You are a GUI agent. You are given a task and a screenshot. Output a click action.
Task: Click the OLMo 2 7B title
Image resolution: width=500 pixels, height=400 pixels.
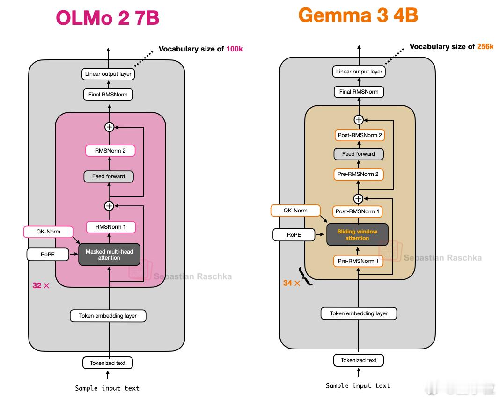tap(108, 18)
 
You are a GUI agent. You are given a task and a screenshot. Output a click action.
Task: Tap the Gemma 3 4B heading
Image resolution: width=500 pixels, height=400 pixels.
tap(358, 15)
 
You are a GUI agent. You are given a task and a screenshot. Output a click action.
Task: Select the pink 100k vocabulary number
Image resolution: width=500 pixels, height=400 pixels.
tap(235, 49)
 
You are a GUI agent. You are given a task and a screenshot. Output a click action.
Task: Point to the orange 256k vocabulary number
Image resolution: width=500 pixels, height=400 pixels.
tap(485, 46)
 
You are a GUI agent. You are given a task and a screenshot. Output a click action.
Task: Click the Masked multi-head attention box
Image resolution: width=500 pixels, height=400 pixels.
tap(110, 255)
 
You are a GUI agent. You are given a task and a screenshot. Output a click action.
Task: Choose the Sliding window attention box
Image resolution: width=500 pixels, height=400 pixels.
tap(358, 234)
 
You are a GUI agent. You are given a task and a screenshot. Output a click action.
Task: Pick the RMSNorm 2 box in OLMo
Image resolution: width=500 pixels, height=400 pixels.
tap(110, 151)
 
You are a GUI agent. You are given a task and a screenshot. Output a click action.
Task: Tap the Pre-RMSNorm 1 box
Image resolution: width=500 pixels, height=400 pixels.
tap(358, 261)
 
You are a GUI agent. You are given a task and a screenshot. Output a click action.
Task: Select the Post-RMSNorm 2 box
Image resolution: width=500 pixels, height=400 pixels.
tap(360, 135)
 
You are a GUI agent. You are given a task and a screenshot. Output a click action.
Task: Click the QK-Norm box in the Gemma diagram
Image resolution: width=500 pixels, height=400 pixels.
tap(295, 211)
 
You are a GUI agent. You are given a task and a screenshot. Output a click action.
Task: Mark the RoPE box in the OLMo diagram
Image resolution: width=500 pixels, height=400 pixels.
tap(48, 255)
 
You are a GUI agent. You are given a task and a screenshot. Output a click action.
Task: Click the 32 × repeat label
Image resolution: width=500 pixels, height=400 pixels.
tap(41, 285)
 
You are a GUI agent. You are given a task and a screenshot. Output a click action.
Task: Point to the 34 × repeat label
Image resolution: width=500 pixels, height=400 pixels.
tap(292, 283)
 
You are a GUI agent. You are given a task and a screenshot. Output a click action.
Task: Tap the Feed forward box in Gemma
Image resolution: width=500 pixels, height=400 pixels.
tap(359, 154)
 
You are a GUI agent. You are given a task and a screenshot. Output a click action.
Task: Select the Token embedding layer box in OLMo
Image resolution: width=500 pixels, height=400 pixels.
tap(108, 316)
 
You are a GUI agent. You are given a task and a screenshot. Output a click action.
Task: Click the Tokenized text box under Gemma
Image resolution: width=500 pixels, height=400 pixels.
tap(359, 360)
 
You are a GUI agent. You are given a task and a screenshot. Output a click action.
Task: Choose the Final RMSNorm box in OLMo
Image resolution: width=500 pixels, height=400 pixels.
tap(108, 95)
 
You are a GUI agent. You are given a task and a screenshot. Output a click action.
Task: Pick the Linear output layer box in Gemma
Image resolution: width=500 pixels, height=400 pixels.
tap(359, 72)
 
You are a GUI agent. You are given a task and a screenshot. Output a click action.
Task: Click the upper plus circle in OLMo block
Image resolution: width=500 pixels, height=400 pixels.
tap(110, 127)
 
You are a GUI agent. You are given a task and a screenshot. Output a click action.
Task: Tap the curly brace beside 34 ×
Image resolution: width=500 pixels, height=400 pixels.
tap(306, 276)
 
